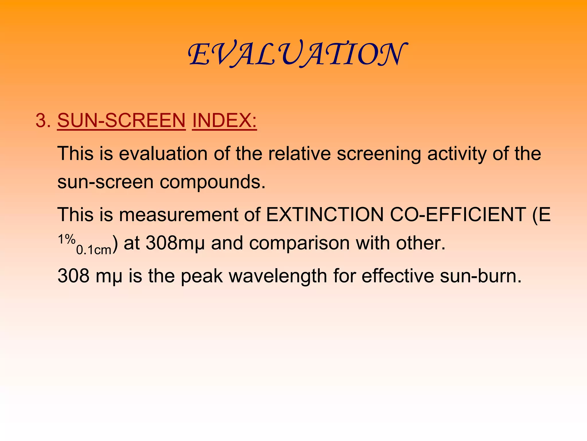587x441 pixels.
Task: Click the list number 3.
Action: [x=43, y=120]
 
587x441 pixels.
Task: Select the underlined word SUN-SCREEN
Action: [x=122, y=120]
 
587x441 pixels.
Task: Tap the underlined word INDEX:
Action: [x=224, y=120]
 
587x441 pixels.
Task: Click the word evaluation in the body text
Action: [x=163, y=154]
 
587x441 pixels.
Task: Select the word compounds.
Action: [x=213, y=183]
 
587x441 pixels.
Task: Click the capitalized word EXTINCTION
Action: [x=325, y=215]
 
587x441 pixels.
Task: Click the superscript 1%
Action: [x=67, y=239]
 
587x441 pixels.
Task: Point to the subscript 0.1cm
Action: [x=94, y=250]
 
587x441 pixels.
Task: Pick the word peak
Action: [x=202, y=276]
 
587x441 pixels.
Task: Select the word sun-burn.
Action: [x=481, y=276]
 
